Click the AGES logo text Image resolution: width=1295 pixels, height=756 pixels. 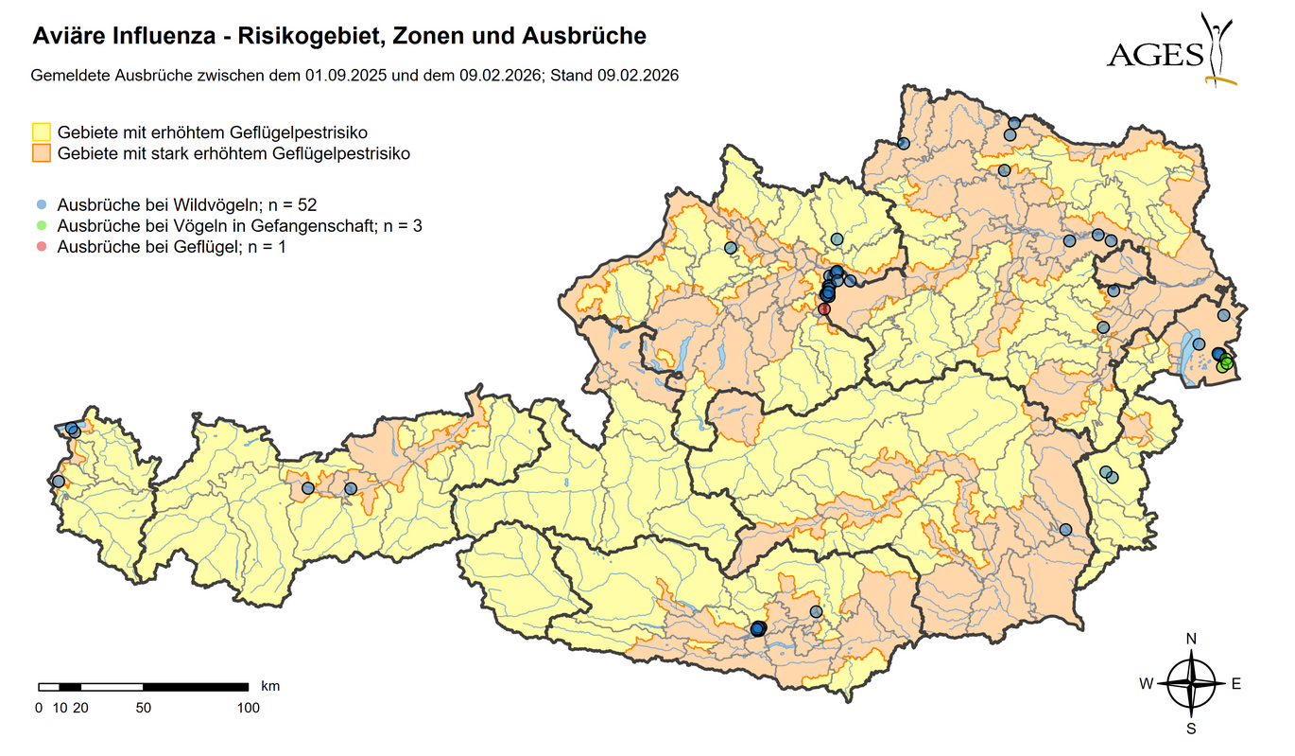(x=1154, y=54)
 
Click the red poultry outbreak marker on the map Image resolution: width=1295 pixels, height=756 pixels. (x=824, y=308)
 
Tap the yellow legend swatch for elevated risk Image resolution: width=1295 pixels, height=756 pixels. (x=42, y=132)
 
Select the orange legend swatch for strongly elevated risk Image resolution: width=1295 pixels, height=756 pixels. (x=42, y=152)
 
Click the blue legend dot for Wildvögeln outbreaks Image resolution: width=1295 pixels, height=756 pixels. (x=42, y=204)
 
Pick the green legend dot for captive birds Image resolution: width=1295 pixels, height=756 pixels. (x=42, y=225)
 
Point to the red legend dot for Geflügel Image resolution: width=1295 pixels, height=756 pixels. (x=42, y=246)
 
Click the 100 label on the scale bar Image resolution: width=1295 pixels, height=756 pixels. (x=249, y=707)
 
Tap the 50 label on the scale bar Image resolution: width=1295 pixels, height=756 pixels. (x=143, y=707)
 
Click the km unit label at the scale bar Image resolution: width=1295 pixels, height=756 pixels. (x=269, y=685)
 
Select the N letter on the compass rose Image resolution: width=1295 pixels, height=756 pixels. (x=1191, y=639)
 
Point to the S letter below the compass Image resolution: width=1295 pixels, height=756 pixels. (x=1191, y=729)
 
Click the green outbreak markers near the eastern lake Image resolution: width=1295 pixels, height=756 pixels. (x=1226, y=362)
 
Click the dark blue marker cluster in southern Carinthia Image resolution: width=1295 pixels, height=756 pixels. (x=757, y=628)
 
